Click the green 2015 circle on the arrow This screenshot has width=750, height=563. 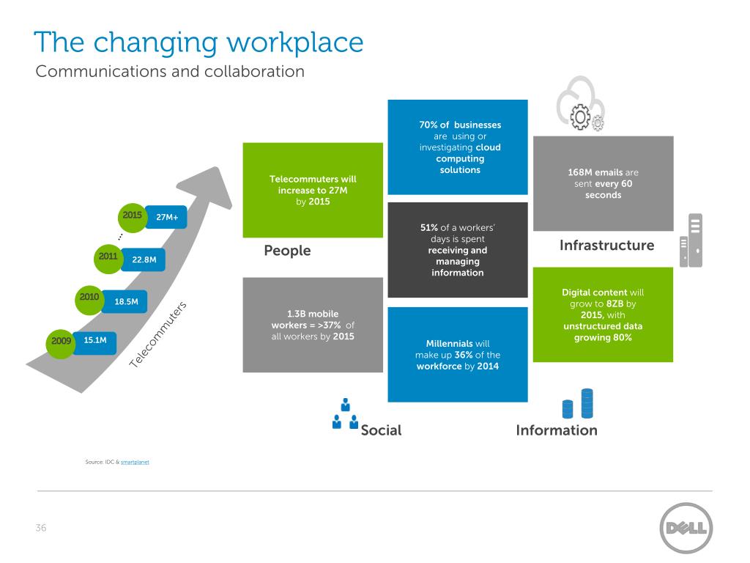pyautogui.click(x=133, y=216)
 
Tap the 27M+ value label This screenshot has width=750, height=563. pyautogui.click(x=167, y=218)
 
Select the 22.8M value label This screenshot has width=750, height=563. pyautogui.click(x=144, y=259)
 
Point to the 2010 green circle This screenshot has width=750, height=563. pyautogui.click(x=89, y=298)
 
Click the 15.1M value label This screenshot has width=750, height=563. pyautogui.click(x=95, y=340)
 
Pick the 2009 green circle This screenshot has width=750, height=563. pyautogui.click(x=62, y=342)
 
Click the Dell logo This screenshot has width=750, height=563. pyautogui.click(x=686, y=528)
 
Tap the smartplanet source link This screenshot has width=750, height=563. pyautogui.click(x=135, y=463)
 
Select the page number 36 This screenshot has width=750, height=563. pyautogui.click(x=41, y=528)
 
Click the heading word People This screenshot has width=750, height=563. pyautogui.click(x=287, y=251)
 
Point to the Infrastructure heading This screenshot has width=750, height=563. pyautogui.click(x=606, y=245)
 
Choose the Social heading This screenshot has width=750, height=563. pyautogui.click(x=381, y=430)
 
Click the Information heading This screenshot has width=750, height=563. pyautogui.click(x=557, y=430)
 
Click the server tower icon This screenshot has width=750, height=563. pyautogui.click(x=691, y=240)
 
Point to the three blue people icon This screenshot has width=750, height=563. pyautogui.click(x=345, y=415)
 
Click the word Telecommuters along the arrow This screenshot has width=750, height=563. pyautogui.click(x=160, y=335)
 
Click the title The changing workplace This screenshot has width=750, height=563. pyautogui.click(x=198, y=42)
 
